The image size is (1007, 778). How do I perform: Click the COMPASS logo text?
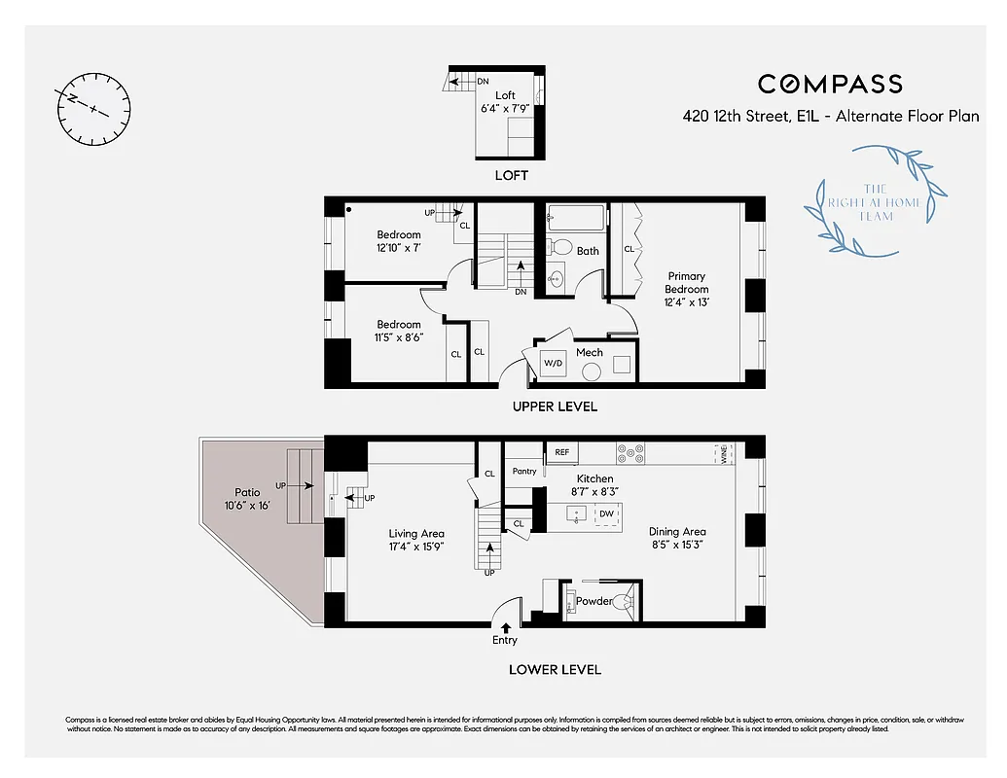(830, 85)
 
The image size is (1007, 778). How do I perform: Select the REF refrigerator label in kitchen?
(561, 452)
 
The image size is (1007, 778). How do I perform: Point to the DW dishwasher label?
(606, 513)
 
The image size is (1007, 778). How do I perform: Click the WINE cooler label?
(722, 453)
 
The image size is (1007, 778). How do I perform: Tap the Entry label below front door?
(505, 640)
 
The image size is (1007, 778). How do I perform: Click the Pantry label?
(524, 472)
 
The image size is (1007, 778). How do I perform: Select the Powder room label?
(594, 601)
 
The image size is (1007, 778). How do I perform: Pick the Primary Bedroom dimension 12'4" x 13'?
(687, 301)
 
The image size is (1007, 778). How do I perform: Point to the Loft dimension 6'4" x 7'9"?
(505, 109)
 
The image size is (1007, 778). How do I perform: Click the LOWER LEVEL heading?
(555, 670)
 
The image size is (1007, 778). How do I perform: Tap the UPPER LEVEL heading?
(555, 407)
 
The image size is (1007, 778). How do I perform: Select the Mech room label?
(590, 352)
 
